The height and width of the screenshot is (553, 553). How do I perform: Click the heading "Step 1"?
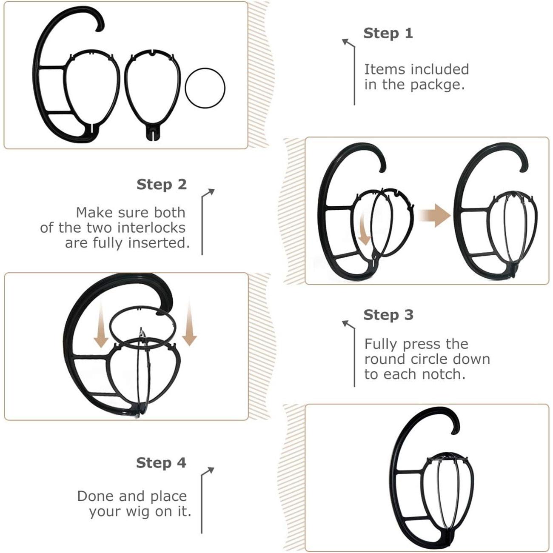point(388,33)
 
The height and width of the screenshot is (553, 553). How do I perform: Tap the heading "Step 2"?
point(161,185)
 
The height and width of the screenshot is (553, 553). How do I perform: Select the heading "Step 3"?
point(388,315)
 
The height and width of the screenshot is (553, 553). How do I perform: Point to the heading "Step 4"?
point(161,463)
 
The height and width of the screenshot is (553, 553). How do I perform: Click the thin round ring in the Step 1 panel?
point(205,88)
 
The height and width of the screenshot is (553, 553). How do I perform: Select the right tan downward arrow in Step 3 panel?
point(189,325)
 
